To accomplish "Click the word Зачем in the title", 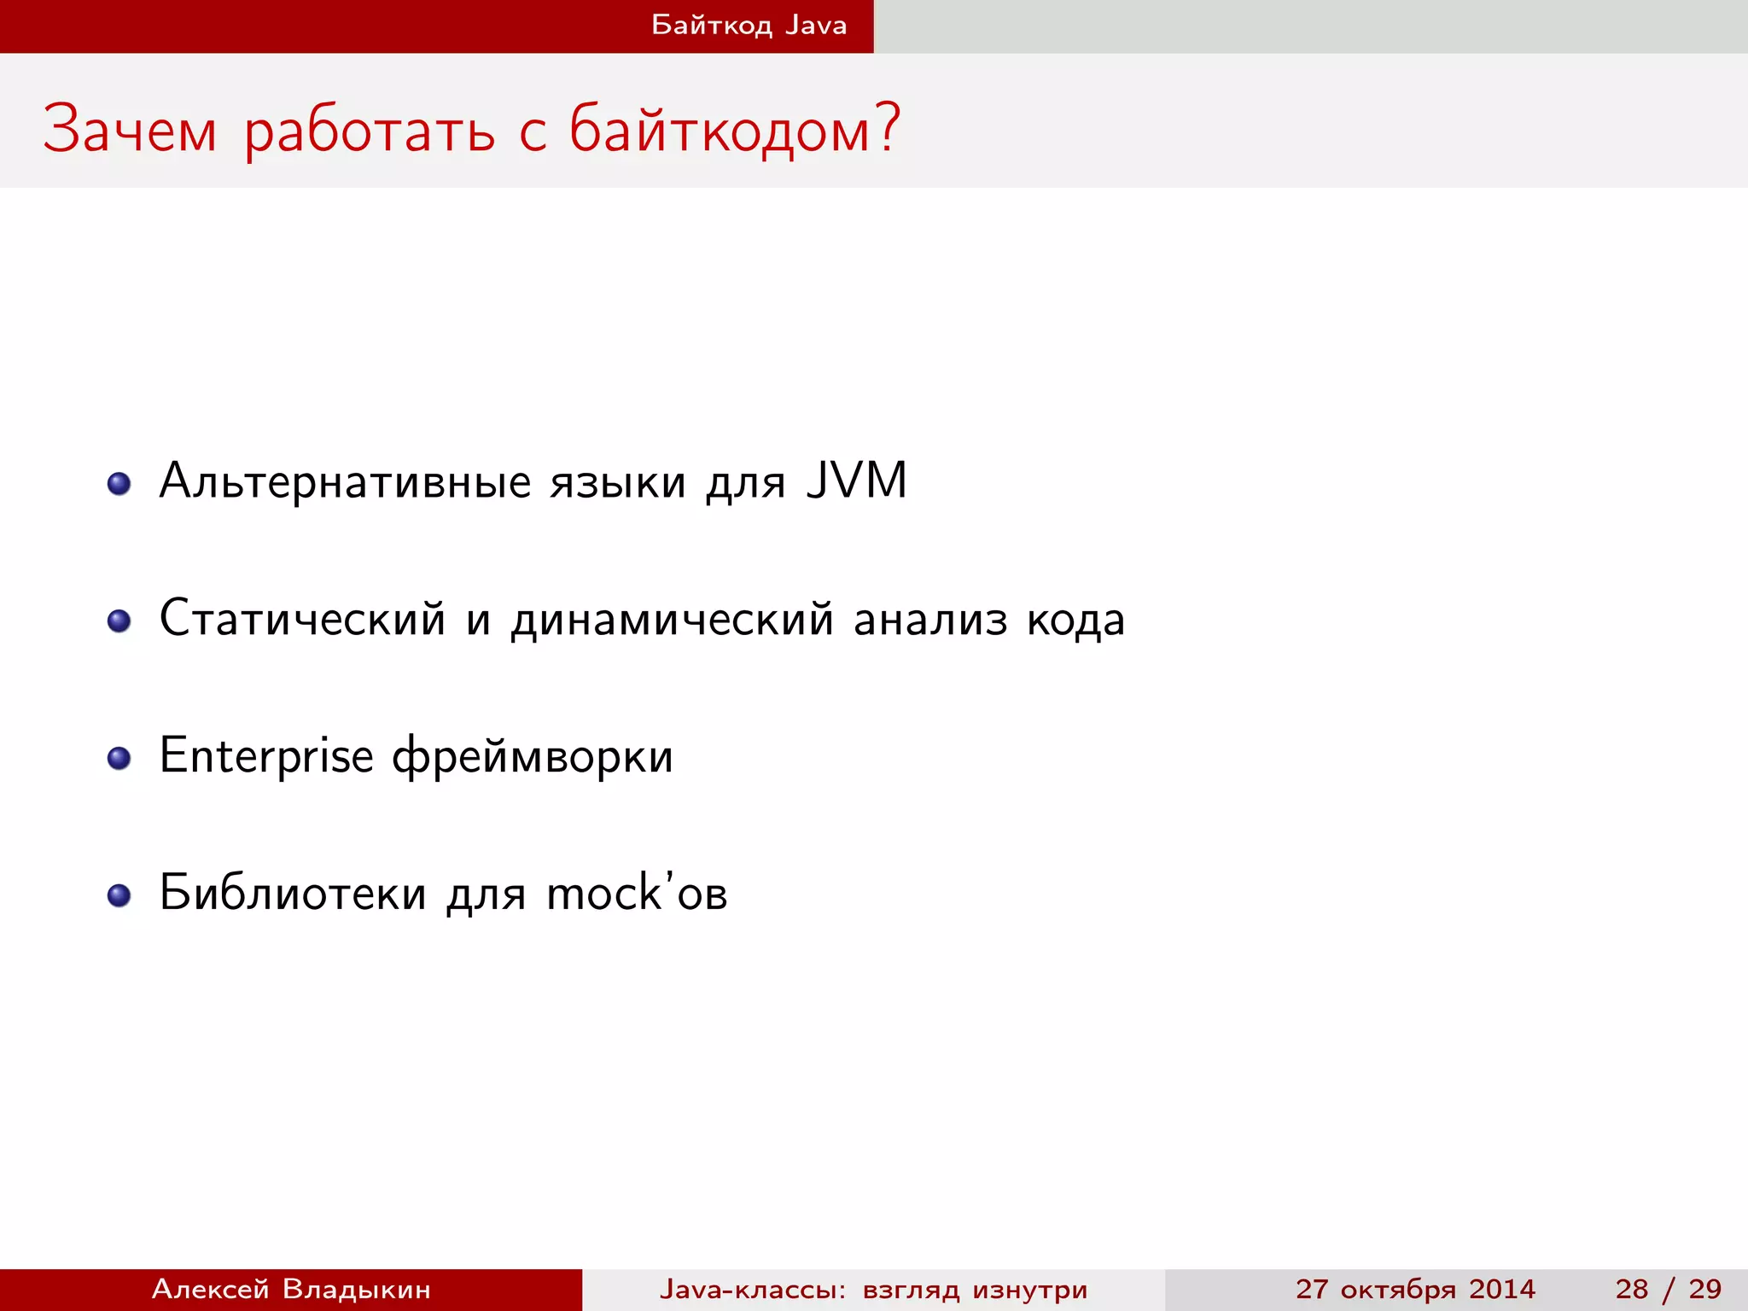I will point(130,131).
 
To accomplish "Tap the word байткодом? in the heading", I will point(734,131).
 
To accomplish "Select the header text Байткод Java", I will point(749,25).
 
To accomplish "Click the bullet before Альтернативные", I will point(119,484).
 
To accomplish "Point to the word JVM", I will point(856,481).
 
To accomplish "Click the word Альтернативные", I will point(345,482).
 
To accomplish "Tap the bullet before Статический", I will point(119,621).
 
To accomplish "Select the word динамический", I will point(672,620).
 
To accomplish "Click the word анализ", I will point(930,620).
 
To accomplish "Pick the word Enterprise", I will point(266,756).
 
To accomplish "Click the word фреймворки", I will point(533,758).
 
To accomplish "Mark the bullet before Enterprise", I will point(119,758).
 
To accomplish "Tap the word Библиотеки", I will point(293,894).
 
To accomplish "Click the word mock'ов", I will point(637,894).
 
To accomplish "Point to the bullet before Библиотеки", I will point(119,894).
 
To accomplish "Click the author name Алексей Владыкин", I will point(291,1289).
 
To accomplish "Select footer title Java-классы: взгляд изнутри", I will point(873,1289).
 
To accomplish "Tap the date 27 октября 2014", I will point(1414,1289).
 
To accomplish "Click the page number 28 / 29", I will point(1668,1289).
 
